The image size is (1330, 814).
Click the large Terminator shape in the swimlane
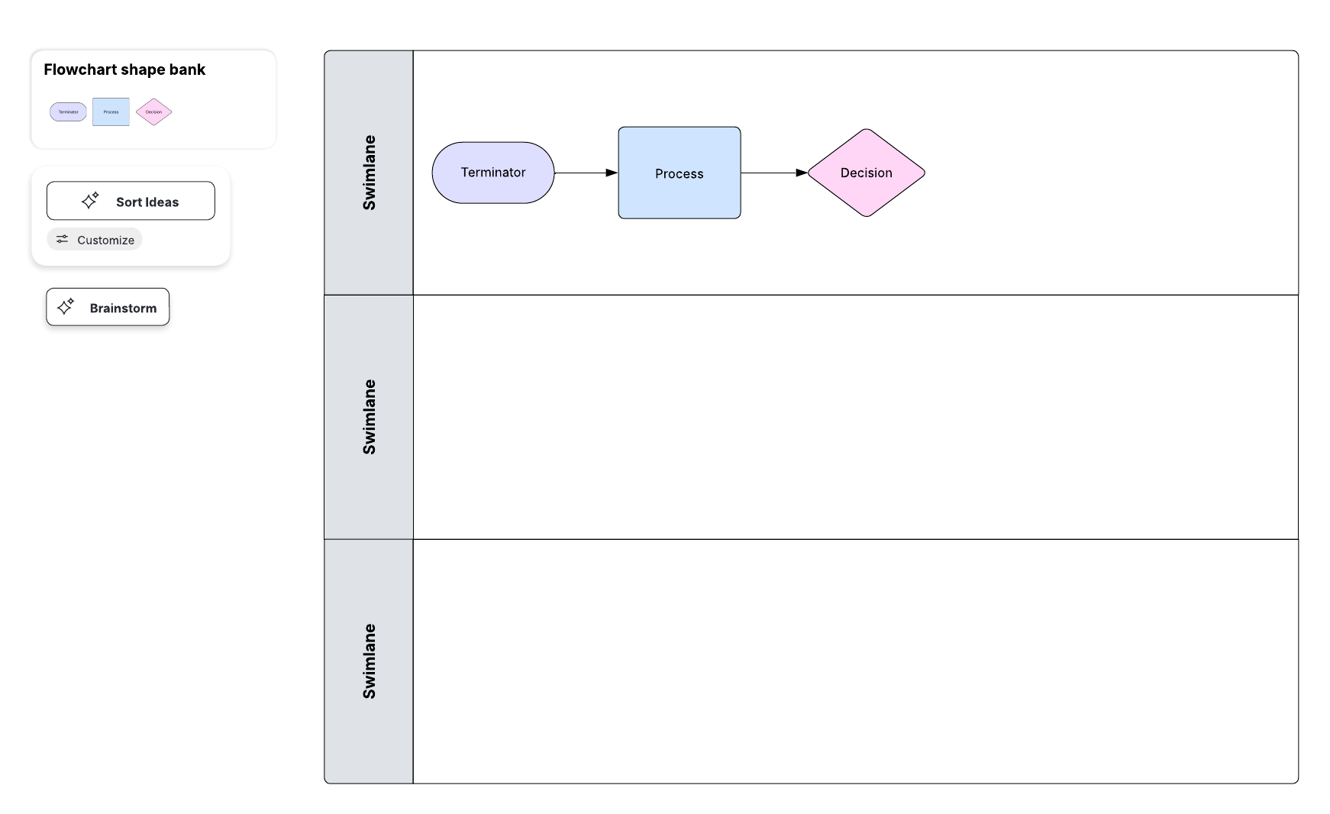[x=492, y=173]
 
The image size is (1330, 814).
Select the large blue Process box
[x=679, y=173]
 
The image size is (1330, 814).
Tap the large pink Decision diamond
[x=866, y=173]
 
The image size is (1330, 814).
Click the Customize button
[x=95, y=240]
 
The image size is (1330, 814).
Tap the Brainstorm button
[x=108, y=307]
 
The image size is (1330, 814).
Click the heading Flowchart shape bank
[x=124, y=69]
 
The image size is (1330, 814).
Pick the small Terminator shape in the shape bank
[x=68, y=112]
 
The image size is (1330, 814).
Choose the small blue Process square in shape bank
[x=111, y=112]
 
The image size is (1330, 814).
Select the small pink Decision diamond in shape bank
[x=153, y=112]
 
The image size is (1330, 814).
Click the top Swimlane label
[x=369, y=173]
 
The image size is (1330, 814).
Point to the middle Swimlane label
[x=369, y=417]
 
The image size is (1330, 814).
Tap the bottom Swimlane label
[x=369, y=661]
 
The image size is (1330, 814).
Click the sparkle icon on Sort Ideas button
[x=90, y=201]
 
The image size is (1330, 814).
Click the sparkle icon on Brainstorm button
[x=66, y=307]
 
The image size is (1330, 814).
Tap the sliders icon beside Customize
[x=62, y=239]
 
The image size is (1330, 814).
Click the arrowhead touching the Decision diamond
[x=802, y=173]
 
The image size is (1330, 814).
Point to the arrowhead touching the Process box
[x=612, y=173]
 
